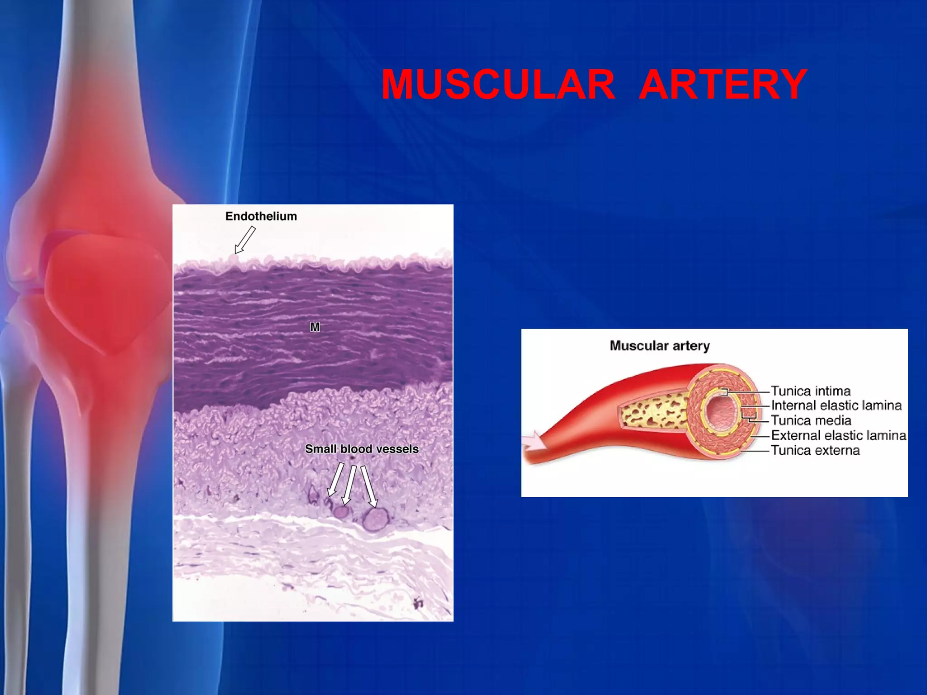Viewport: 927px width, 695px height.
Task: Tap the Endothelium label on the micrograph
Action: (x=261, y=216)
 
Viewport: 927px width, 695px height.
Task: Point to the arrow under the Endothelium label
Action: (x=244, y=241)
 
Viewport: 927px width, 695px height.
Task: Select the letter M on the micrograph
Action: (x=315, y=327)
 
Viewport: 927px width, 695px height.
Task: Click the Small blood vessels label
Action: (x=362, y=449)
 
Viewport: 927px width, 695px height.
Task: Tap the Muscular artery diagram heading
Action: (x=659, y=346)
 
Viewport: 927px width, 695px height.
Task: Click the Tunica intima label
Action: (x=811, y=390)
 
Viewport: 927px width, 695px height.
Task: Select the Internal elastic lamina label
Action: (x=836, y=405)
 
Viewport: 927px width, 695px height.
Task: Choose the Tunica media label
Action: (x=811, y=420)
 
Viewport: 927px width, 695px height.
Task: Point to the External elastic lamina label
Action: (x=838, y=435)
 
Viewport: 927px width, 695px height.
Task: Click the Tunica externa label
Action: (x=815, y=450)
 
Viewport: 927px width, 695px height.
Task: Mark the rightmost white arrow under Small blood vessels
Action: (x=369, y=486)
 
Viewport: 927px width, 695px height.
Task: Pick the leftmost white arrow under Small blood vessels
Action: (x=335, y=480)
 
